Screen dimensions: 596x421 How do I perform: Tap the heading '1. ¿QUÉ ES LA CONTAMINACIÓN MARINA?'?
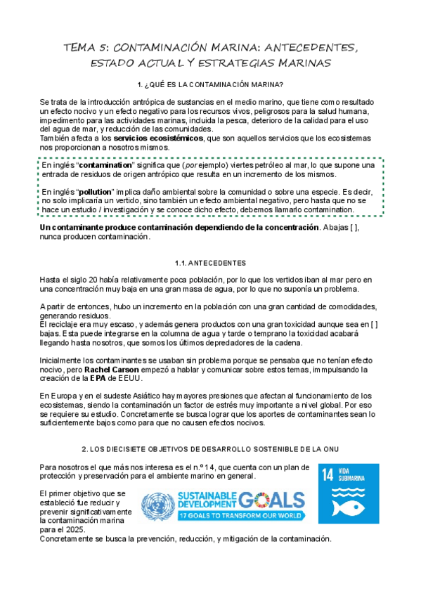coord(211,85)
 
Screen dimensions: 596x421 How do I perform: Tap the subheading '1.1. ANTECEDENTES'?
coord(211,263)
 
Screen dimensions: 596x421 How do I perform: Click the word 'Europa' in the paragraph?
coord(67,396)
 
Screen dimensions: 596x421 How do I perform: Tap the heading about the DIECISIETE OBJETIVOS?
coord(211,448)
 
